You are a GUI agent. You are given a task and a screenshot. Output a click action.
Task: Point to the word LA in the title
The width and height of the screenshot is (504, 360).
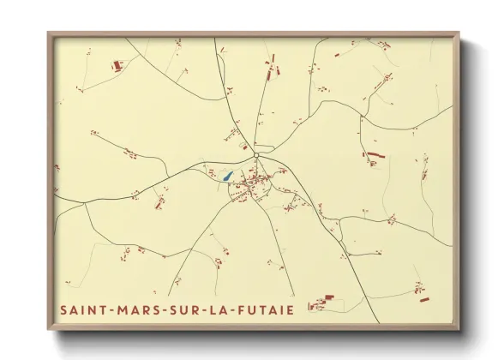pyautogui.click(x=222, y=309)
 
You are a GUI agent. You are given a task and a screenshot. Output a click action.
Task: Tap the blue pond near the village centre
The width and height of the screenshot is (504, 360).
pyautogui.click(x=227, y=177)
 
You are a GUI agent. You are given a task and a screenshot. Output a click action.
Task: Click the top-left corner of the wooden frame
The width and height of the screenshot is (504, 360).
pyautogui.click(x=48, y=33)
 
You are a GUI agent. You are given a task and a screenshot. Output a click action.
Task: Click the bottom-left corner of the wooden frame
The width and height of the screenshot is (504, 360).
pyautogui.click(x=48, y=329)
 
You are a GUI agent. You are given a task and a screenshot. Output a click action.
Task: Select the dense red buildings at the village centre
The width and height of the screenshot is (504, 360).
pyautogui.click(x=252, y=182)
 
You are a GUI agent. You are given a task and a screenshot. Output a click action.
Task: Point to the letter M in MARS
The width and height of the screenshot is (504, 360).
pyautogui.click(x=123, y=309)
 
